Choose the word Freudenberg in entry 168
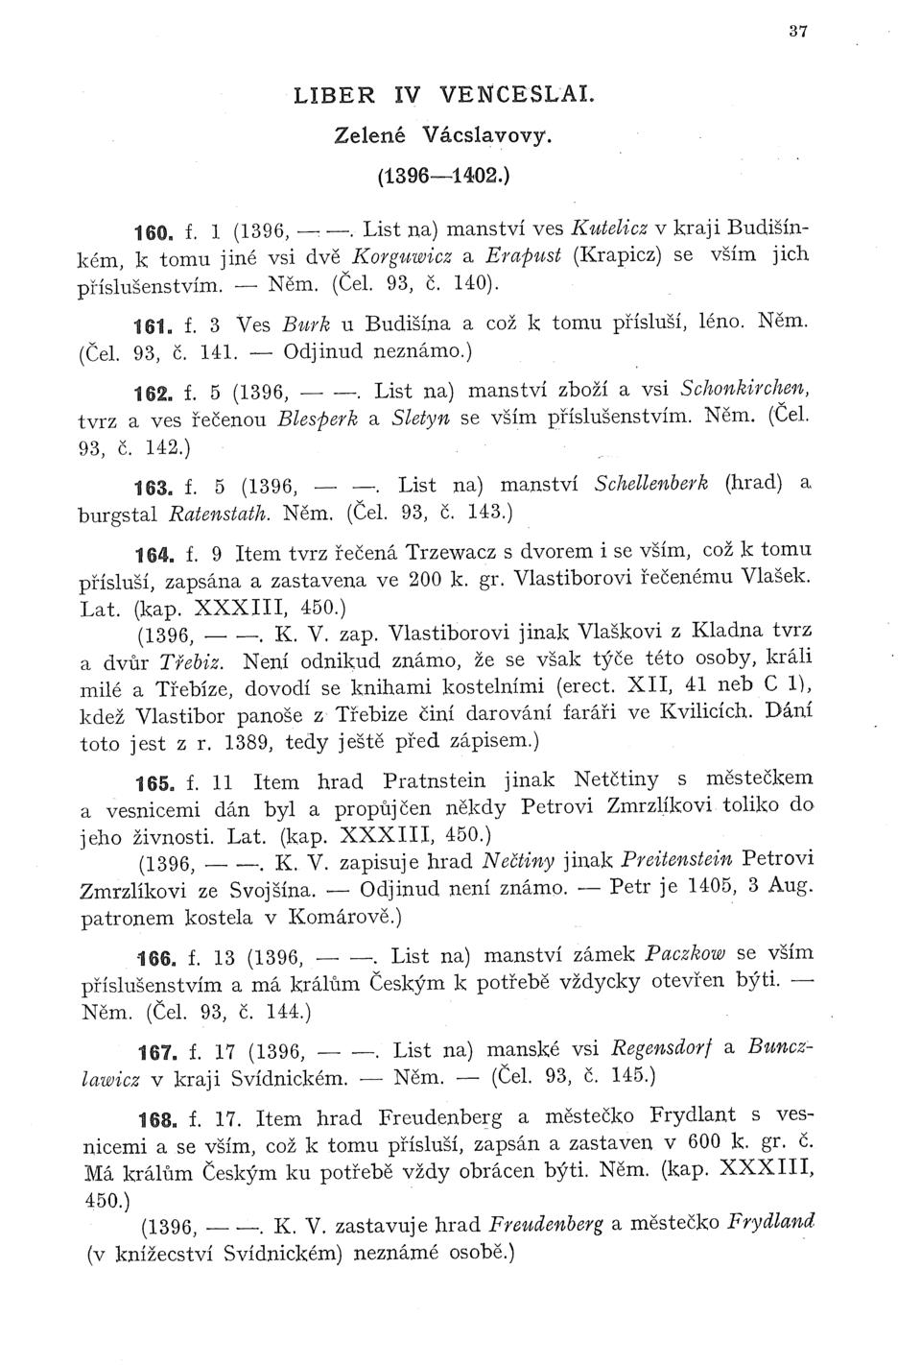442,1116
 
